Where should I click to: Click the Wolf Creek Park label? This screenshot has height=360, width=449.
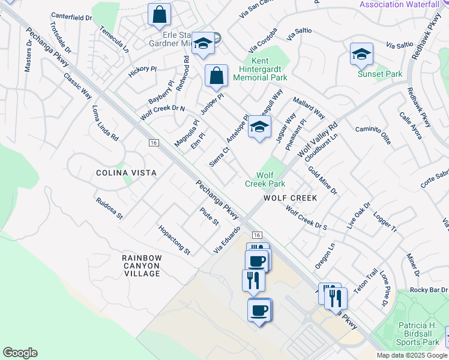(265, 179)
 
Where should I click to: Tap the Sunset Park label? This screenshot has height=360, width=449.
(379, 74)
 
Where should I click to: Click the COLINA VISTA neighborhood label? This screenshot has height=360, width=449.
(127, 173)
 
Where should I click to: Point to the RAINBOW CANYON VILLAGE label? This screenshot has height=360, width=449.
(142, 265)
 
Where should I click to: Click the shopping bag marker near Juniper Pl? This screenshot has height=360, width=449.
(216, 76)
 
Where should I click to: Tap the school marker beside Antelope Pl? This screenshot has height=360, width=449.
(259, 127)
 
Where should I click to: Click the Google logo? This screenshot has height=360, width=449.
(20, 353)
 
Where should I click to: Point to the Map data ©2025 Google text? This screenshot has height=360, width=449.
(412, 355)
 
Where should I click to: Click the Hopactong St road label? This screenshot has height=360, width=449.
(173, 239)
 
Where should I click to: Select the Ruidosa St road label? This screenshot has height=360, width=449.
(109, 207)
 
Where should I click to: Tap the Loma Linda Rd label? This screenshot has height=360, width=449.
(105, 124)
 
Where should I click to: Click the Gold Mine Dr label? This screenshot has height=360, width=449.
(323, 181)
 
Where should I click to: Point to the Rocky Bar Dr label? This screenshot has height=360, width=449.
(429, 290)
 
